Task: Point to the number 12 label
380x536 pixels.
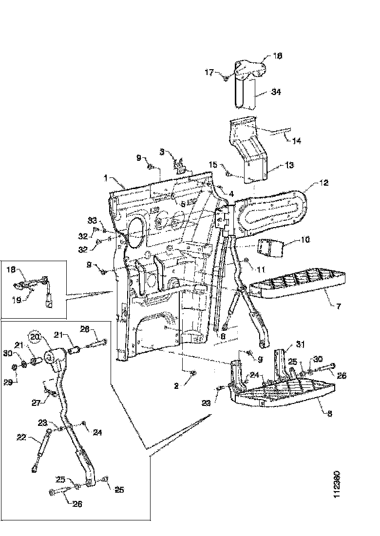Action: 324,183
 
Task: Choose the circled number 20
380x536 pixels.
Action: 35,336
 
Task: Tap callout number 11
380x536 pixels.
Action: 262,269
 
